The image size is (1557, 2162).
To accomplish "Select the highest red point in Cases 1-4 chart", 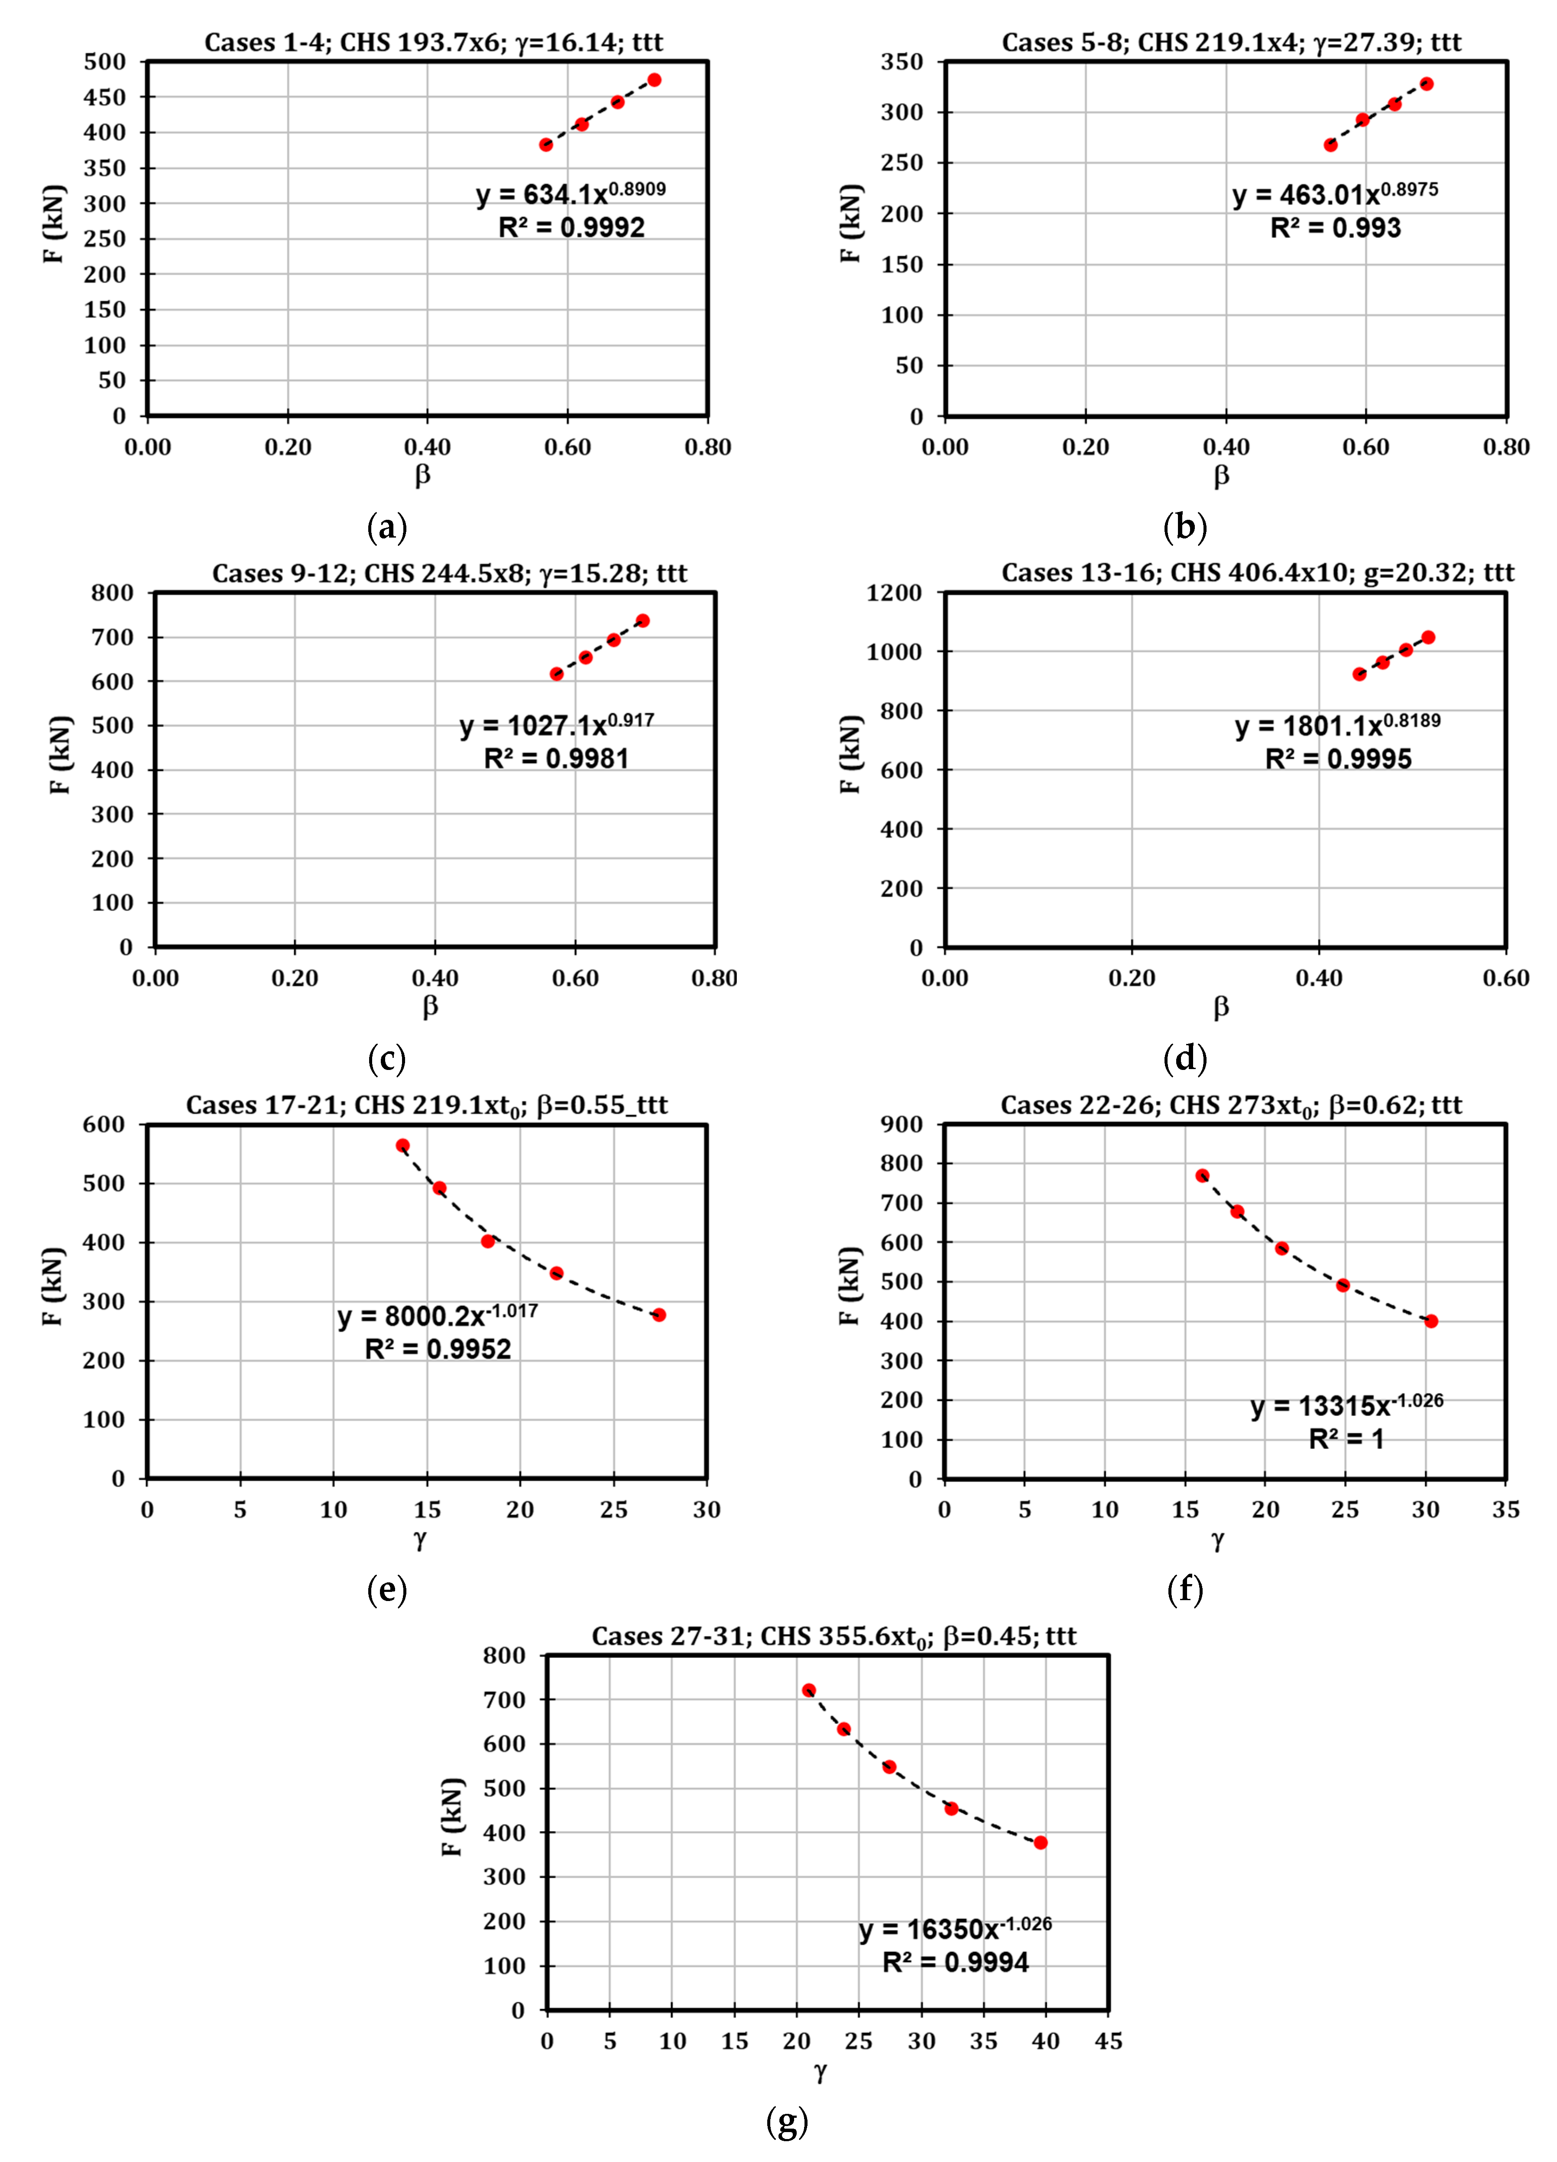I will click(654, 80).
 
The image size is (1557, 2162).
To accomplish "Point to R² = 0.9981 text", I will click(557, 759).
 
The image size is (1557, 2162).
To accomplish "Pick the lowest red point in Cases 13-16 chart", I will click(1359, 674).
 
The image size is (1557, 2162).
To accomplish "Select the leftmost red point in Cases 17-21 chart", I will click(403, 1146).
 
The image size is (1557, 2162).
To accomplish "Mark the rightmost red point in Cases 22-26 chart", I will click(1430, 1321).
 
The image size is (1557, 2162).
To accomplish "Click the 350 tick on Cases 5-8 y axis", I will click(902, 62).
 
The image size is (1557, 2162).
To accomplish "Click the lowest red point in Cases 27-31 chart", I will click(1041, 1842).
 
